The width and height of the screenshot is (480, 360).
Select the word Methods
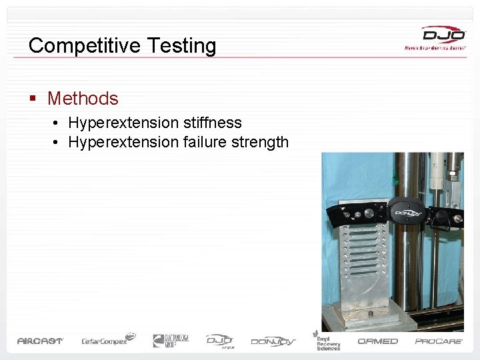point(83,99)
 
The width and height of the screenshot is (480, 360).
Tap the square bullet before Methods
point(32,99)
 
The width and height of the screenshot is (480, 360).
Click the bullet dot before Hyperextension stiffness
point(59,123)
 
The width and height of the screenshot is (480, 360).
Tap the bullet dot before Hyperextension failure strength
point(59,142)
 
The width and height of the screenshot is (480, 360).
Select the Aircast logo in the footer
point(40,341)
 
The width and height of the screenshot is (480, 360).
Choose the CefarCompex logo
point(108,340)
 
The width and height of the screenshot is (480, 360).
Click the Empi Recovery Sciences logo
point(327,339)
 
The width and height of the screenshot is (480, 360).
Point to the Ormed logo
point(378,341)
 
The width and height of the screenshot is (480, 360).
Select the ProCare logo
point(438,341)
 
